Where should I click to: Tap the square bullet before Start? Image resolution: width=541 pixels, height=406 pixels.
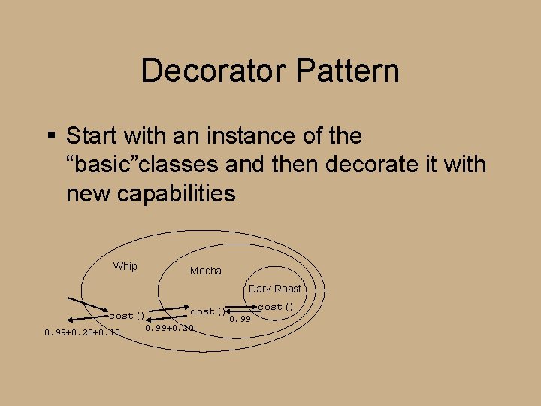pyautogui.click(x=51, y=136)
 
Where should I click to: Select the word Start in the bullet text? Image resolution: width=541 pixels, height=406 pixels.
pyautogui.click(x=92, y=136)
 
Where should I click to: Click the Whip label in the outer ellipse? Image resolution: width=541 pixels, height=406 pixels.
pyautogui.click(x=125, y=266)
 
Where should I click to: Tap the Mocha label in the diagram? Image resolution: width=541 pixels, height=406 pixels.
pyautogui.click(x=205, y=271)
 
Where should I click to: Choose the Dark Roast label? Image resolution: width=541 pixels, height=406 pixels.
pyautogui.click(x=274, y=289)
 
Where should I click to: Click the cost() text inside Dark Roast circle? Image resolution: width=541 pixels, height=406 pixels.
pyautogui.click(x=275, y=307)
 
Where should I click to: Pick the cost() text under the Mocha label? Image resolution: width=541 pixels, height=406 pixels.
pyautogui.click(x=208, y=311)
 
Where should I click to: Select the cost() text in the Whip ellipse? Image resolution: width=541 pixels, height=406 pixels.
pyautogui.click(x=127, y=316)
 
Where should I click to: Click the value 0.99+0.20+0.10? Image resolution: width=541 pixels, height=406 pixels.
pyautogui.click(x=82, y=332)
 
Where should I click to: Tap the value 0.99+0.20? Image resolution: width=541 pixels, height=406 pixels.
pyautogui.click(x=169, y=328)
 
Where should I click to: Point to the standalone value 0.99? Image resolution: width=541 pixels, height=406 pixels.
pyautogui.click(x=240, y=320)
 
